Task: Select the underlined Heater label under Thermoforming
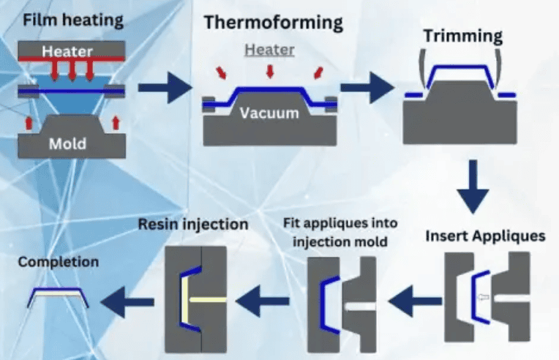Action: [269, 50]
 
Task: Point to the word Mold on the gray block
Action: [67, 143]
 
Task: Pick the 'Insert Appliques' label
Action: [485, 236]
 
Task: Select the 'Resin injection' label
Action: [193, 224]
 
